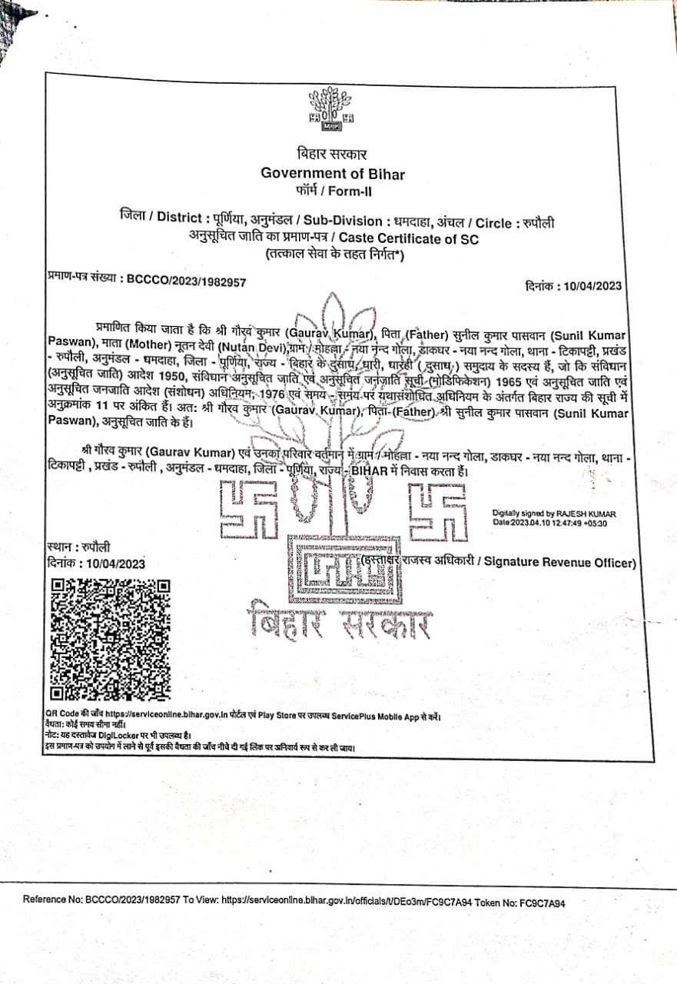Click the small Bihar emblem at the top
(331, 108)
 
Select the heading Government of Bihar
(333, 173)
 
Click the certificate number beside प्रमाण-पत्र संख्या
(187, 281)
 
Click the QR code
(109, 640)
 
